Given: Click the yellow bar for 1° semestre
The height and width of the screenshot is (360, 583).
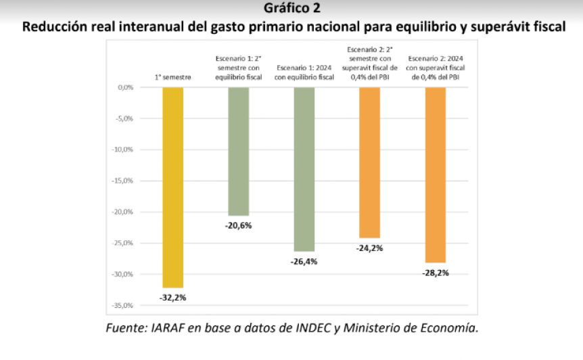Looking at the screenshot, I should [172, 187].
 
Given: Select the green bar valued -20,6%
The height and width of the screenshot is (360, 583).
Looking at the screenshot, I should [238, 151].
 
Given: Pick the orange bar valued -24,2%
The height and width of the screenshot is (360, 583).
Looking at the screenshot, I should [370, 162].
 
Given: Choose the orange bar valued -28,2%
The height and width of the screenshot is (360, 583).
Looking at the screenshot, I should [435, 175].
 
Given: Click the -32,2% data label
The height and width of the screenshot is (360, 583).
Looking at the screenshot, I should [172, 297].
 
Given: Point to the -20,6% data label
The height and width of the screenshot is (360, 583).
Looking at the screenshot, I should [238, 225].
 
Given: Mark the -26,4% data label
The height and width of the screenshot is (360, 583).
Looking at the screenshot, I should [304, 261].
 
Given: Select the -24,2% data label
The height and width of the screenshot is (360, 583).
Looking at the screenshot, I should [370, 248].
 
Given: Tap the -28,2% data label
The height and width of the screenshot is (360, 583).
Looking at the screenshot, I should [435, 273].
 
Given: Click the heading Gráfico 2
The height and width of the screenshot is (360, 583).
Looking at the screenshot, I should [292, 9].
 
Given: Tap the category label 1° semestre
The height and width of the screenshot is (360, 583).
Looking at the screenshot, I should [172, 77].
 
